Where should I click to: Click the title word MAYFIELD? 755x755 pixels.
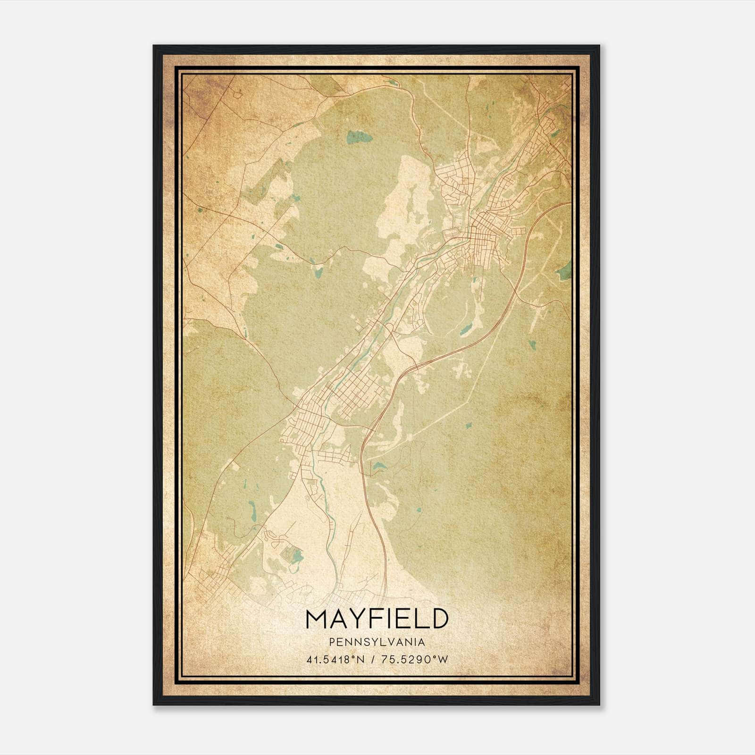point(377,619)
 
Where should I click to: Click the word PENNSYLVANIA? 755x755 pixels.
point(377,642)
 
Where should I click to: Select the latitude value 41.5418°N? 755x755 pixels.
point(336,659)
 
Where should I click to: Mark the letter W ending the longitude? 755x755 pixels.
point(442,659)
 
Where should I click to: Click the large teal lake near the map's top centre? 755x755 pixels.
point(359,138)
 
